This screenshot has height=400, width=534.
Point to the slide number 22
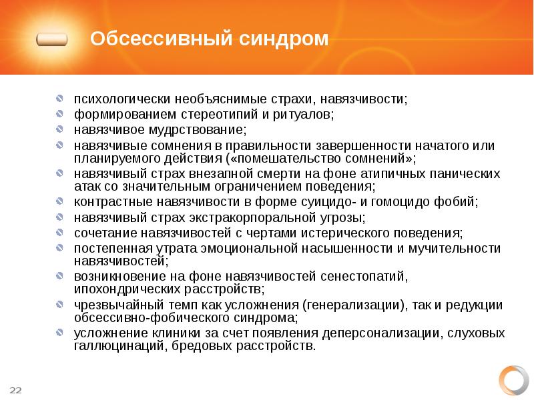pyautogui.click(x=15, y=389)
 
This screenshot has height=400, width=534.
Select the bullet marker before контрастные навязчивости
pyautogui.click(x=60, y=201)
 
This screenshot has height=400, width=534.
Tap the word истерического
pyautogui.click(x=361, y=233)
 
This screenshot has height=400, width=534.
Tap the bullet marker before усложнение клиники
pyautogui.click(x=60, y=333)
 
